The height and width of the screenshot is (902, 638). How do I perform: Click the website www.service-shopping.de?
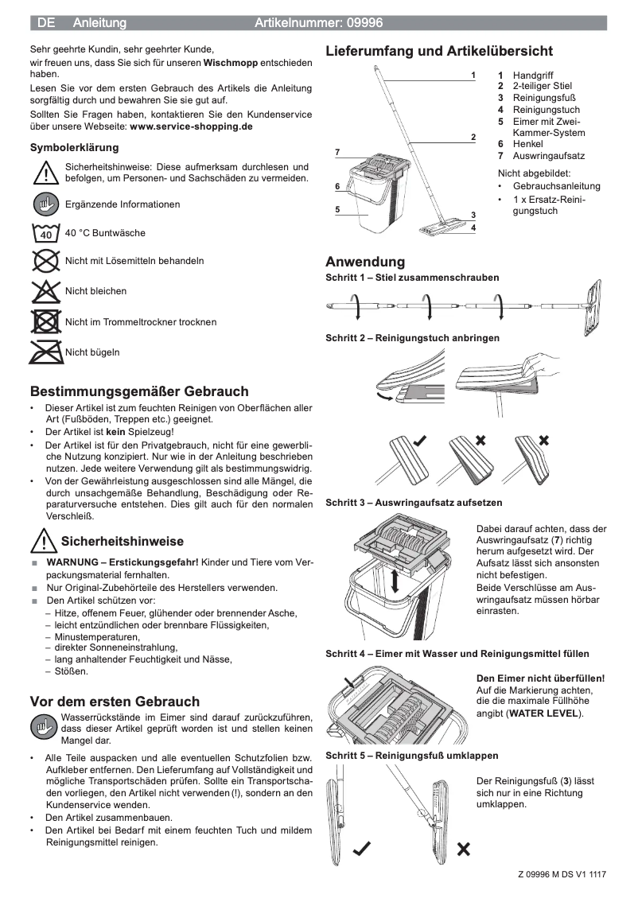click(191, 126)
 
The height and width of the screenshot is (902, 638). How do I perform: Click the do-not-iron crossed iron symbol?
click(46, 352)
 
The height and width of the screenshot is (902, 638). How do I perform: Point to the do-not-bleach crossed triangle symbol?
click(46, 291)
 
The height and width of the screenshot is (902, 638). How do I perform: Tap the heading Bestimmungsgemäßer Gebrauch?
click(139, 391)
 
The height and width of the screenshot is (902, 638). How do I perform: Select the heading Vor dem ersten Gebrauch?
click(115, 702)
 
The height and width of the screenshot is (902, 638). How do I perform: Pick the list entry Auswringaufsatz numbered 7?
click(548, 156)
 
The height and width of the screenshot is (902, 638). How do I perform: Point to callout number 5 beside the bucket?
click(337, 210)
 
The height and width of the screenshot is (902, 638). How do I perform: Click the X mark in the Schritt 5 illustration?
click(463, 849)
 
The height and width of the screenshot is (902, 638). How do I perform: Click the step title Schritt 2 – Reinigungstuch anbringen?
click(412, 338)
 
